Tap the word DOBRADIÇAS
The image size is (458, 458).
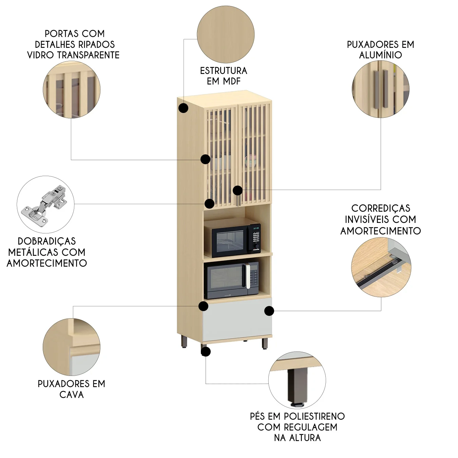(x=47, y=241)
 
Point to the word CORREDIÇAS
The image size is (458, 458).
(x=381, y=208)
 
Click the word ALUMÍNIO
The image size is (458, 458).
(x=380, y=55)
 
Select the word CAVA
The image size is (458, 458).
(x=72, y=395)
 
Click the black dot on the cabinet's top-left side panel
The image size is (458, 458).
(x=184, y=108)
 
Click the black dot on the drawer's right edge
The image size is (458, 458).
(x=269, y=310)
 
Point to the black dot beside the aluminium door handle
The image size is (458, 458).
(x=237, y=190)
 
